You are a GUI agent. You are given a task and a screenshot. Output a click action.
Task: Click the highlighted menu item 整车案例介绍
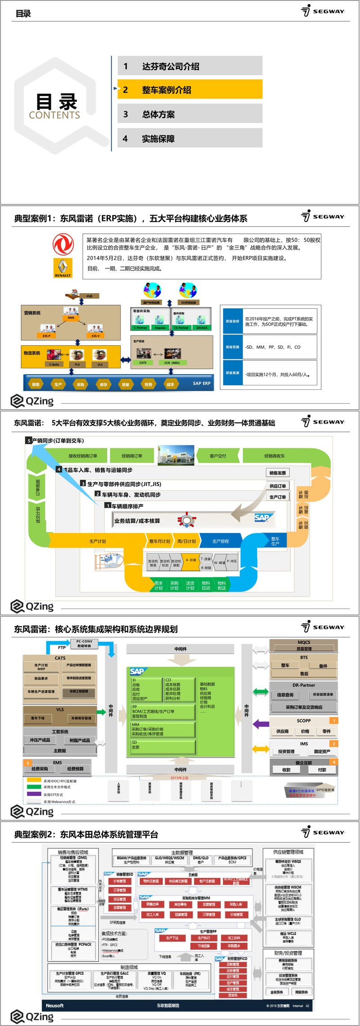point(189,90)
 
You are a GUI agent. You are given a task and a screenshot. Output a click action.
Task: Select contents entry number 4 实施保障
point(189,139)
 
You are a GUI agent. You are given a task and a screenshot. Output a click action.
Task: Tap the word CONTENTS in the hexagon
point(54,115)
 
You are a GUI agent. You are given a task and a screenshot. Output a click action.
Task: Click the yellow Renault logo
point(63,267)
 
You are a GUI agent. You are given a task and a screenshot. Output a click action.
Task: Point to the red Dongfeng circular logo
point(63,244)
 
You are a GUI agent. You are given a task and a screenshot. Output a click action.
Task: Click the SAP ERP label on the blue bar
point(202,384)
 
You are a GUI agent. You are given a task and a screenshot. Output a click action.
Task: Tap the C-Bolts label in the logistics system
point(54,364)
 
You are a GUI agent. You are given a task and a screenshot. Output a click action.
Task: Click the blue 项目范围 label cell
point(233,347)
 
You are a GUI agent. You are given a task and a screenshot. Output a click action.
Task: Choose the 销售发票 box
point(277,473)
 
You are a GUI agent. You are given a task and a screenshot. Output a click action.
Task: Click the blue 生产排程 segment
point(220,541)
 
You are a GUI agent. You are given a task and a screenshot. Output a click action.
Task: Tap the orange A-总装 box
point(191,560)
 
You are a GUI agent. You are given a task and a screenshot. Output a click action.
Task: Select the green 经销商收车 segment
point(274,456)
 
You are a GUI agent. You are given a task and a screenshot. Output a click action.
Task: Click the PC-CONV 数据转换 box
point(84,644)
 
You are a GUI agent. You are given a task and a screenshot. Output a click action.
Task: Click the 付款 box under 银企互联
point(322,770)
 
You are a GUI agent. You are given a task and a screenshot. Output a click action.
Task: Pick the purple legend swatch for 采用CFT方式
point(34,794)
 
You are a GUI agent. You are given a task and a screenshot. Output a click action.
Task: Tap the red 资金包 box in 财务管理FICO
point(233,995)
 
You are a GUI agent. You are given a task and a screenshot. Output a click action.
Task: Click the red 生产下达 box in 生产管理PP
point(172,938)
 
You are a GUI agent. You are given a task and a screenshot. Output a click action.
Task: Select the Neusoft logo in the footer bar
point(55,1005)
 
